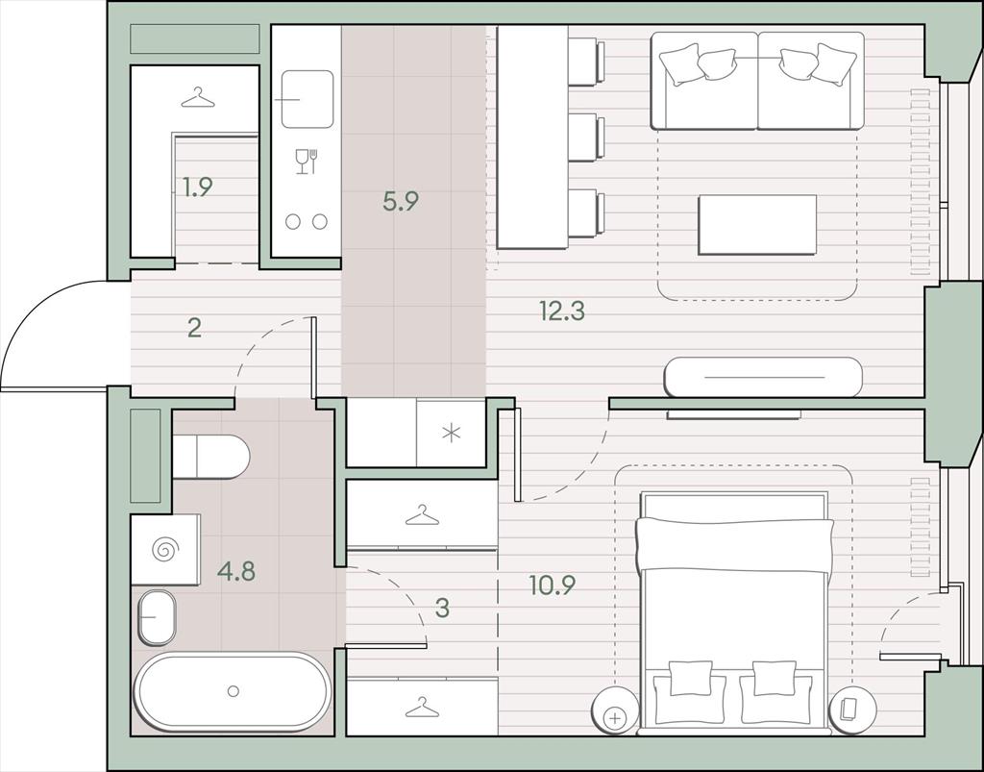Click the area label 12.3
tap(561, 311)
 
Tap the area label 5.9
tap(401, 201)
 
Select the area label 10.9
tap(553, 585)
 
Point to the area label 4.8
tap(236, 572)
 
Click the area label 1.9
tap(198, 187)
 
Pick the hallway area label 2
tap(194, 328)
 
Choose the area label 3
tap(442, 608)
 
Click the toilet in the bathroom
tap(210, 457)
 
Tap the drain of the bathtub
tap(234, 691)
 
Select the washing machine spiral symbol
tap(165, 550)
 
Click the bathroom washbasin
tap(157, 617)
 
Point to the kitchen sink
tap(307, 99)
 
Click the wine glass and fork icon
tap(307, 162)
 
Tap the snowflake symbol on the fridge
tap(452, 433)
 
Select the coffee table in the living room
tap(757, 225)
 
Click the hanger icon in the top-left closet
tap(198, 97)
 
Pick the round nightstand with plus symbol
tap(615, 710)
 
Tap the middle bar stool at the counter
tap(586, 137)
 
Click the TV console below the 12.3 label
tap(763, 377)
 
